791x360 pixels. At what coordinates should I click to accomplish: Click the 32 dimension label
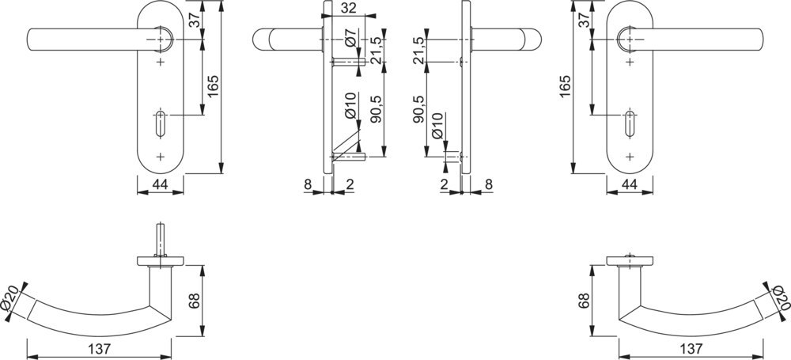(349, 8)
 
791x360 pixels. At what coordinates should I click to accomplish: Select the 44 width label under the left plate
(160, 185)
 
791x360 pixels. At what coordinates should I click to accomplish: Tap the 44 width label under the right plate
(630, 185)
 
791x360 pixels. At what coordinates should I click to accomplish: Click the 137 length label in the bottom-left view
(100, 349)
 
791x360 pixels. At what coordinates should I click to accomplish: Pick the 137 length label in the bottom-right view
(691, 349)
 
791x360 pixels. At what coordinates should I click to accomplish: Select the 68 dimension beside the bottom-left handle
(194, 301)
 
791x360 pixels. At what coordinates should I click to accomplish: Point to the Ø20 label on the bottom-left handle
(9, 300)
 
